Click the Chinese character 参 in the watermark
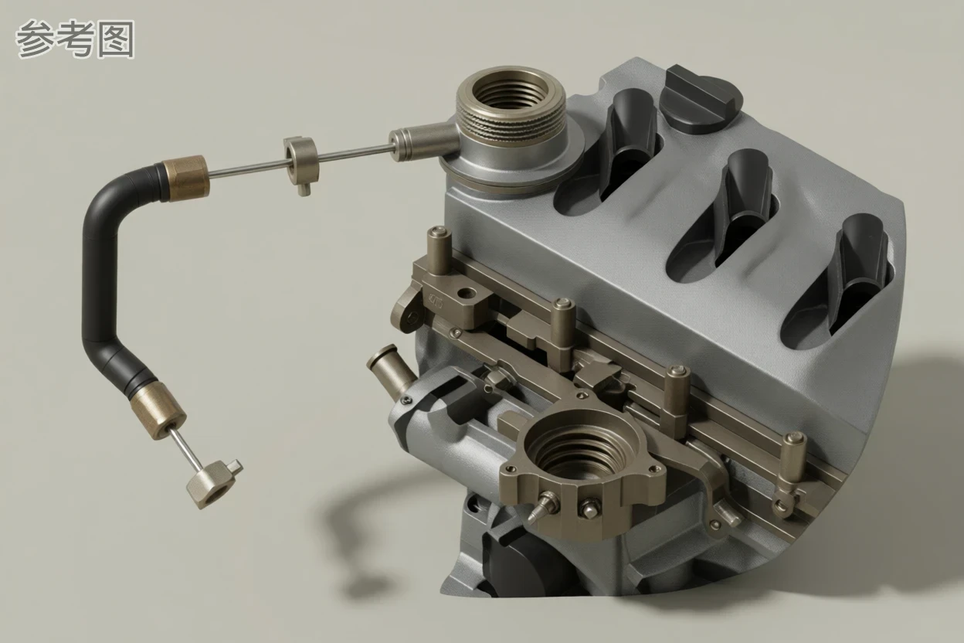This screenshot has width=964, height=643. click(36, 39)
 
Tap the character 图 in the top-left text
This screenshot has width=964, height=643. click(116, 39)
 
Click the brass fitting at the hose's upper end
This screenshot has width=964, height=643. click(186, 178)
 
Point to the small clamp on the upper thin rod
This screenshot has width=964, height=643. click(301, 165)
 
